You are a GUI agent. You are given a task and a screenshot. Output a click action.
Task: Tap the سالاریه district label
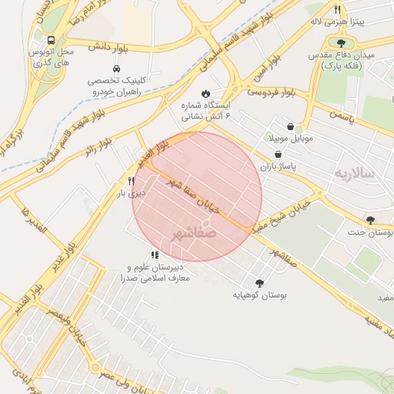(x=353, y=173)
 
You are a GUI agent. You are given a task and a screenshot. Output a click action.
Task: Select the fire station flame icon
(x=205, y=94)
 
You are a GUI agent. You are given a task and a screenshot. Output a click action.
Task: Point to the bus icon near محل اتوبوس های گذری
(x=50, y=40)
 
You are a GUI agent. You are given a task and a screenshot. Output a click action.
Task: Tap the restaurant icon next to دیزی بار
(x=132, y=182)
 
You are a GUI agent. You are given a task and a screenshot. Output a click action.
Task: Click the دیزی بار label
(x=132, y=193)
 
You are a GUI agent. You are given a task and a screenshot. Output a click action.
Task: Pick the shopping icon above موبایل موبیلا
(x=289, y=127)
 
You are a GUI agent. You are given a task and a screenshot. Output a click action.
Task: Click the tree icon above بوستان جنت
(x=370, y=219)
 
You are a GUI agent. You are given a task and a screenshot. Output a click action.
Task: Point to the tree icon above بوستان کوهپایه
(x=259, y=282)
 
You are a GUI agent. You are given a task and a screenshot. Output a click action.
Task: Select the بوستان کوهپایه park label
(x=259, y=295)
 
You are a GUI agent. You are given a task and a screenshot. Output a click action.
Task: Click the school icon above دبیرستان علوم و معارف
(x=155, y=255)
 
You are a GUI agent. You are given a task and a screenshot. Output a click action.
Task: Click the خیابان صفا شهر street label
(x=193, y=195)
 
